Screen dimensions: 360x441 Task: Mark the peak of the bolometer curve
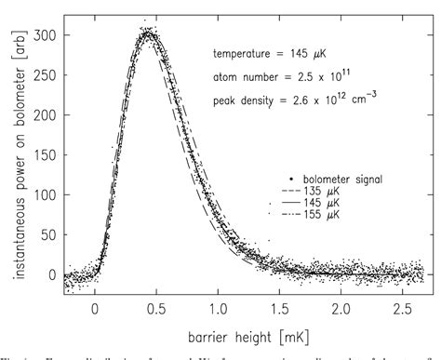148,33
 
